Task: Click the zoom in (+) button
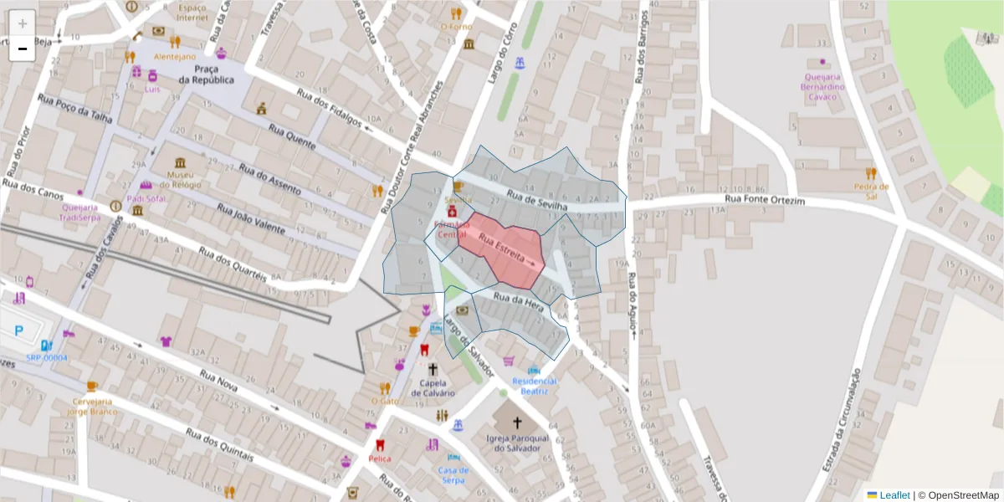click(x=23, y=23)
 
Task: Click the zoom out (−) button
click(x=23, y=49)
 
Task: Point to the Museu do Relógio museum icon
click(x=180, y=162)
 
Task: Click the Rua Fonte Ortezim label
click(x=764, y=200)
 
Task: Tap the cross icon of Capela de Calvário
click(x=433, y=369)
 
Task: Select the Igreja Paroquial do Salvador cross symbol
click(x=516, y=423)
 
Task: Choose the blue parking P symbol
click(x=18, y=330)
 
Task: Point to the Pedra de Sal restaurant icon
click(x=871, y=174)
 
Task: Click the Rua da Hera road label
click(x=519, y=302)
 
